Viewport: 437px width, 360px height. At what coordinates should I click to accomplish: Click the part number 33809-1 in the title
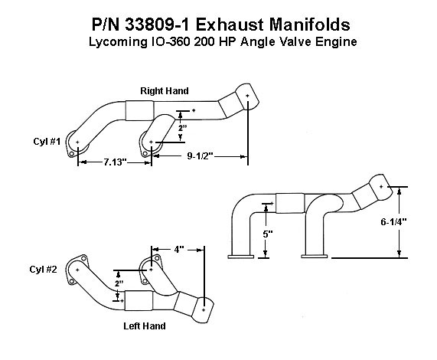tap(158, 25)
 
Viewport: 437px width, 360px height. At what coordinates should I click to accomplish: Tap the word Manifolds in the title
tap(309, 25)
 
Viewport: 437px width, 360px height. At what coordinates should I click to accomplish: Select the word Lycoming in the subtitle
tap(117, 42)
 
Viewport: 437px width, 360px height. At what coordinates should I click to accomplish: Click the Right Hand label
tap(165, 91)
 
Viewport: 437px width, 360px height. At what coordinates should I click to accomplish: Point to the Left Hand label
tap(145, 326)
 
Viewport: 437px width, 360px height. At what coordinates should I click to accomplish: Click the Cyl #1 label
tap(47, 142)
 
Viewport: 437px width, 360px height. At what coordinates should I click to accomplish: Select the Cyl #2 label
tap(43, 270)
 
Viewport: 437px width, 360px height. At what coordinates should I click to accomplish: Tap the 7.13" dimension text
tap(115, 162)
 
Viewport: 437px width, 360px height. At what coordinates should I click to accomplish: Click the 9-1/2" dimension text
tap(200, 156)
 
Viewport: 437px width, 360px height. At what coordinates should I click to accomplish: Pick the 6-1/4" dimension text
tap(394, 222)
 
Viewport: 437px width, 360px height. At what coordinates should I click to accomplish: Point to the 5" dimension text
tap(268, 234)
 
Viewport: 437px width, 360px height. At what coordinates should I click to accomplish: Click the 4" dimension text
tap(179, 249)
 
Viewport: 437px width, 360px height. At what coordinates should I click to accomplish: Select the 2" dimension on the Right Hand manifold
tap(182, 128)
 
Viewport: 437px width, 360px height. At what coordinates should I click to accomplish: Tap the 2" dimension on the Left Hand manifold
tap(119, 283)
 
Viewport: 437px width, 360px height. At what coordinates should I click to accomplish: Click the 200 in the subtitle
tap(204, 42)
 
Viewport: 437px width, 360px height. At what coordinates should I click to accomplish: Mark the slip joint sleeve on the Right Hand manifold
tap(139, 110)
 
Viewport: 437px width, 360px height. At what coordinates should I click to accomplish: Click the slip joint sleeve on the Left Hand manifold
tap(139, 300)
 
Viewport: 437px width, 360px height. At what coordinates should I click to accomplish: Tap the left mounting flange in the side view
tap(241, 257)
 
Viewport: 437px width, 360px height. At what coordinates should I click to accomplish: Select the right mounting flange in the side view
tap(314, 256)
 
